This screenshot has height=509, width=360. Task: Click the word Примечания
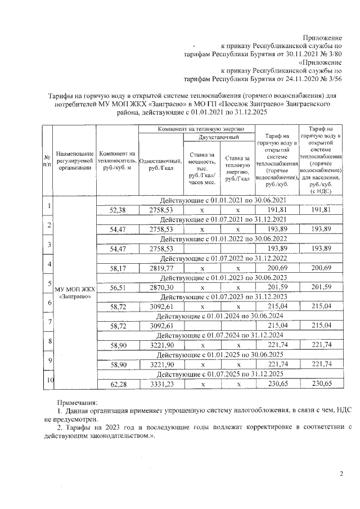tap(77, 403)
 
